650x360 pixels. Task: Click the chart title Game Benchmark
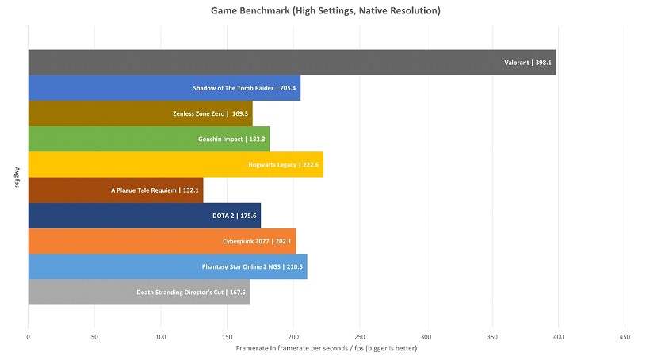325,11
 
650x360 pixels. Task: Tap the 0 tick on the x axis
28,336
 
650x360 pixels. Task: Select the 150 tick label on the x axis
227,336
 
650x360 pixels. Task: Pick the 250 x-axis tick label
360,336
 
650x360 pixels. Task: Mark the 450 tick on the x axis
625,336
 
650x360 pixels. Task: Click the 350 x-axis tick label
493,336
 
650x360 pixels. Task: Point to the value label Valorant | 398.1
527,63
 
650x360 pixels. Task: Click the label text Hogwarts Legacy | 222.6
283,164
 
